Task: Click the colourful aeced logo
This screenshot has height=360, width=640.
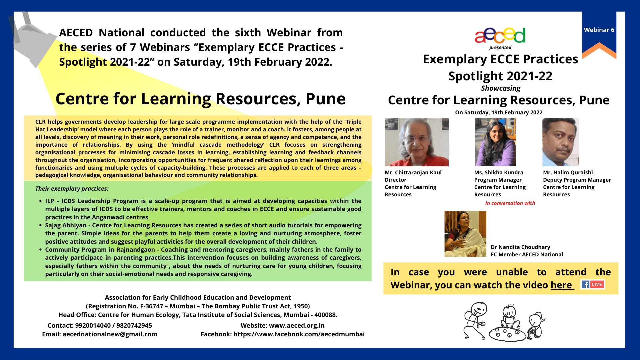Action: (500, 36)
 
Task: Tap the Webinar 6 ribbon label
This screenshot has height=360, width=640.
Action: (599, 30)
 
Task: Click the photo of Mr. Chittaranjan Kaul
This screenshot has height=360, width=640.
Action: (417, 142)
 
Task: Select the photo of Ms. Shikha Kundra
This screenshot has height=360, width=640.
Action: (495, 142)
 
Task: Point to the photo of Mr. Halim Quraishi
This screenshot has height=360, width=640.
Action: (561, 142)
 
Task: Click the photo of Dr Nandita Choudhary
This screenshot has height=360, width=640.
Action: (465, 234)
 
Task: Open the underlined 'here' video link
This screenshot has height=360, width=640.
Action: (561, 285)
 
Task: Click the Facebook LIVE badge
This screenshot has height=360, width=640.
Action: (593, 284)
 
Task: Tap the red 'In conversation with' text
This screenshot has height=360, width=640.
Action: (510, 203)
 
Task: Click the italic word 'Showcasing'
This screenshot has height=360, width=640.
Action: (501, 88)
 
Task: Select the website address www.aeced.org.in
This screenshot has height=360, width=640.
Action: (297, 326)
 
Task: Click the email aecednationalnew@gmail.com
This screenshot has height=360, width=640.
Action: (110, 334)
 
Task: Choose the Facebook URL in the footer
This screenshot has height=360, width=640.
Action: (299, 334)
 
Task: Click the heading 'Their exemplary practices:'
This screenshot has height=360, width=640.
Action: (72, 189)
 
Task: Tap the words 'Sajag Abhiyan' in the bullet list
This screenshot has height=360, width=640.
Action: (66, 226)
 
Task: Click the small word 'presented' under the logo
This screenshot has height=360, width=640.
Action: (500, 48)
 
